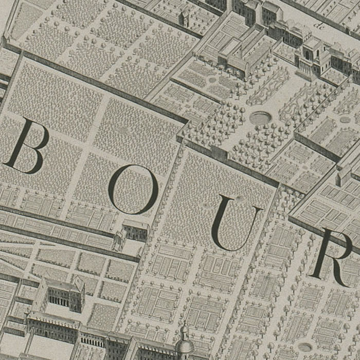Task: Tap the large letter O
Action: point(133,189)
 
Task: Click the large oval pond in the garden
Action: point(260,117)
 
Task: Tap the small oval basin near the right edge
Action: point(345,119)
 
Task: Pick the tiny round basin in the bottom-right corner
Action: point(304,347)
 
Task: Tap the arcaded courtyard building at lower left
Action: point(61,294)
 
